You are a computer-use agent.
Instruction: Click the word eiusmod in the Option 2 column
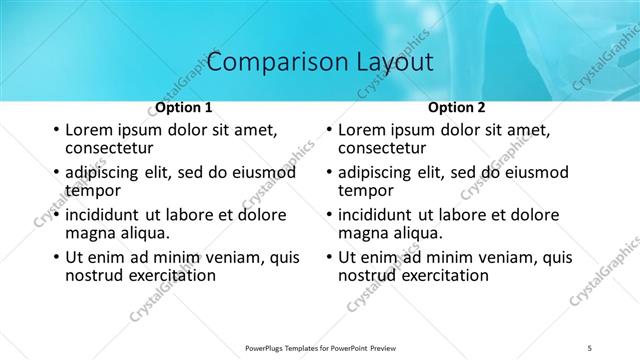[x=537, y=173]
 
